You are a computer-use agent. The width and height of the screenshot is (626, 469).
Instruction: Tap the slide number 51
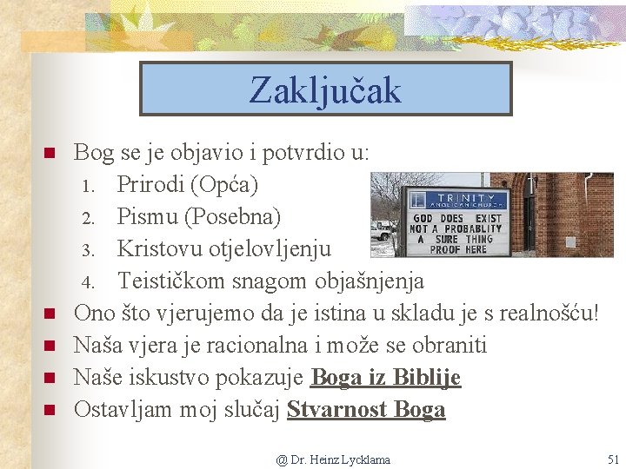coord(613,459)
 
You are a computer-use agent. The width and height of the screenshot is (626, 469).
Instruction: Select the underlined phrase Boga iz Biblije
coord(386,377)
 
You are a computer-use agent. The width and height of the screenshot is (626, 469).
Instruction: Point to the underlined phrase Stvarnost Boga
coord(366,409)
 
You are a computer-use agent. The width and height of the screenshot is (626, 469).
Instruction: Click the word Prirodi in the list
coord(150,185)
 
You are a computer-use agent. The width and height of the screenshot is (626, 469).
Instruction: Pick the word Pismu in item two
coord(147,216)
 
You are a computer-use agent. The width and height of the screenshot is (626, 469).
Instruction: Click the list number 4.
coord(88,282)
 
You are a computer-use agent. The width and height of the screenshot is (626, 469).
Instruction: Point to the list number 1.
coord(88,186)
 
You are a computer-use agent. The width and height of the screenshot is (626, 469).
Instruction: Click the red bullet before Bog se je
coord(50,153)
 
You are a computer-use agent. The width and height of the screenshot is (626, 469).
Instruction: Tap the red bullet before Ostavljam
coord(50,410)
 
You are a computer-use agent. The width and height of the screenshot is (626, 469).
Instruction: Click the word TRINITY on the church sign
coord(466,198)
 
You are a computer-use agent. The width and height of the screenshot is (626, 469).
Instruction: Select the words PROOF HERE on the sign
coord(458,249)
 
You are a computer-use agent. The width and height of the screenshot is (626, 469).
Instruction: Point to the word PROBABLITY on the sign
coord(473,229)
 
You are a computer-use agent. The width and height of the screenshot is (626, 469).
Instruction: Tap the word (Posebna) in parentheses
coord(232,216)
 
